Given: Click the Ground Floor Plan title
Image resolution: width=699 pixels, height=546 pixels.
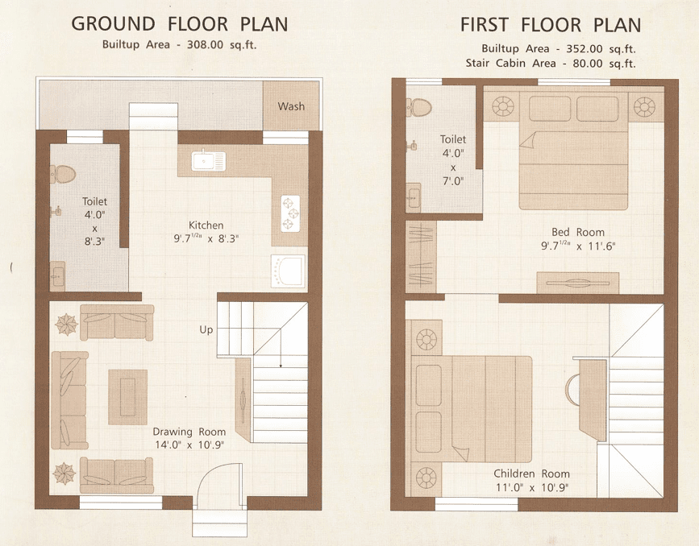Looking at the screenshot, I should tap(179, 23).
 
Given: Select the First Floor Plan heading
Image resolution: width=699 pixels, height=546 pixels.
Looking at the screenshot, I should tap(551, 24).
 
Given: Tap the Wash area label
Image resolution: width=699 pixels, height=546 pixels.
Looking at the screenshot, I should tap(291, 106).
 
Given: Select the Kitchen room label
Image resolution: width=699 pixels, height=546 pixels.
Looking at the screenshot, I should tap(206, 225).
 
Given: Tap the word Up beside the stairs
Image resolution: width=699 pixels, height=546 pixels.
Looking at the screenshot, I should tap(206, 329).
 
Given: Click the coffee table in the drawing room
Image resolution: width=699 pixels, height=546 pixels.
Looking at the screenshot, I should tap(128, 397).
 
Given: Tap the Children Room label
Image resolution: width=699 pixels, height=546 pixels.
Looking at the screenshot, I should tap(532, 474).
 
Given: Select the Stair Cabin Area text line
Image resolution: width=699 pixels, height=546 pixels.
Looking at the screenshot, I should tap(551, 63).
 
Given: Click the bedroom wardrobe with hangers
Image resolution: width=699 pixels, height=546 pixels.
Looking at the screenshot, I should tap(421, 256).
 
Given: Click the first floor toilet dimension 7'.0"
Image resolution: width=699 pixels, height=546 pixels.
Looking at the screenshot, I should tap(453, 182).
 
